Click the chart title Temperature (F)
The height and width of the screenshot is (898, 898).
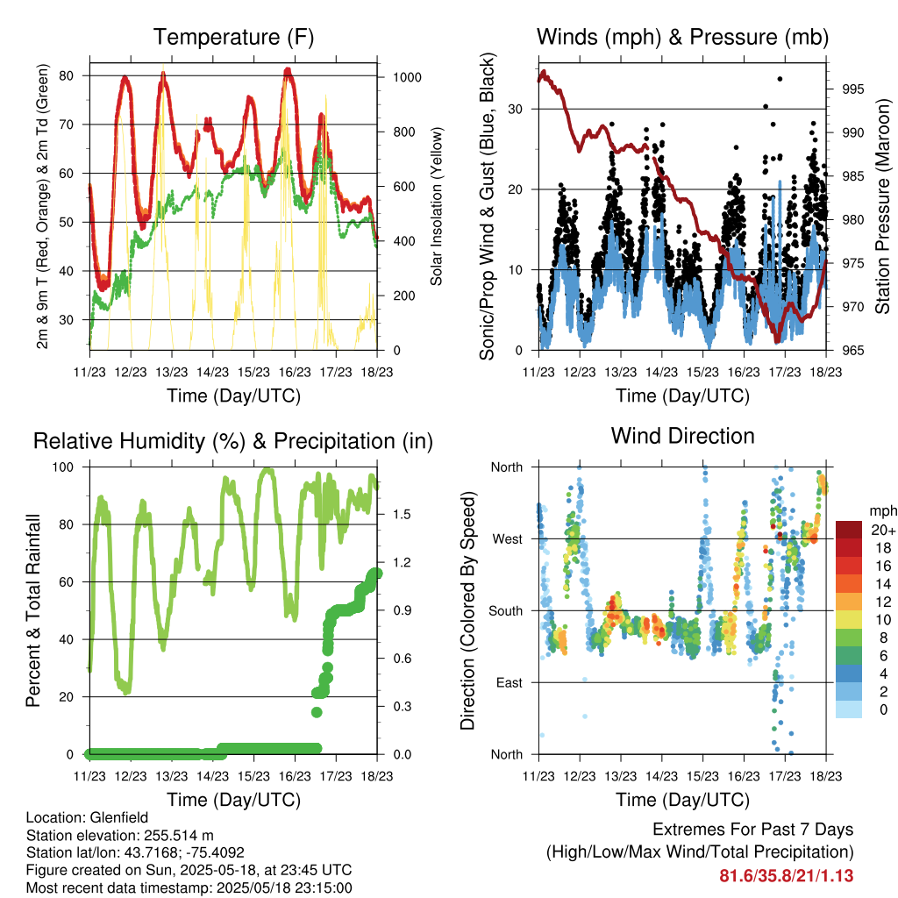click(233, 37)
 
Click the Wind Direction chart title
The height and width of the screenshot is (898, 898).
click(682, 436)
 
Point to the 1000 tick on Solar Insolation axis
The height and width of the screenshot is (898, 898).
click(407, 77)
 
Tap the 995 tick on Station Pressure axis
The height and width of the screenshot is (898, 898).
click(852, 89)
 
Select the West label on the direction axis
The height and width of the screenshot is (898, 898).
click(508, 539)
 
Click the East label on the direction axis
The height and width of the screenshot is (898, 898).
click(510, 682)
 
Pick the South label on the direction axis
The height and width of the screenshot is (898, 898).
click(506, 611)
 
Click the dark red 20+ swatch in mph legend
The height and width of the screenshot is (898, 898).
click(849, 530)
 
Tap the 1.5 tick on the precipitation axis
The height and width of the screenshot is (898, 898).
click(402, 514)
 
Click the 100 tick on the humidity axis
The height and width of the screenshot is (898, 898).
click(63, 467)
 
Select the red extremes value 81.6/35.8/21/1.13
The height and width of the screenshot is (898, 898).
click(787, 876)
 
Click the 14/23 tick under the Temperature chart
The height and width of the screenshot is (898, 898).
click(212, 372)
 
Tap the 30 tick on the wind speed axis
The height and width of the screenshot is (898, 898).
click(515, 109)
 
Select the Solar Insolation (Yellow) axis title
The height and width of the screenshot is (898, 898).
click(437, 206)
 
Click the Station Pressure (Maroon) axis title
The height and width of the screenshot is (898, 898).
click(882, 206)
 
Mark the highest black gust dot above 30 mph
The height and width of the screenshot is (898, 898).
click(780, 79)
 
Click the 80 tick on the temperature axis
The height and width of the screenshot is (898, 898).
click(66, 75)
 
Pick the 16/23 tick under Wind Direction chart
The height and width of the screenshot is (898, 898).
click(744, 776)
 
